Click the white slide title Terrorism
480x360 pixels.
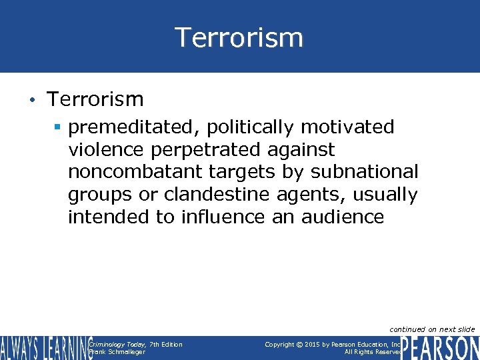(239, 37)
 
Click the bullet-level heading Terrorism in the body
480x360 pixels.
(95, 100)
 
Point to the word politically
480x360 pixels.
(242, 127)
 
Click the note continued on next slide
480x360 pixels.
(431, 329)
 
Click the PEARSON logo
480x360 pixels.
(440, 347)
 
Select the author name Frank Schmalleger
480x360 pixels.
(117, 352)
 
